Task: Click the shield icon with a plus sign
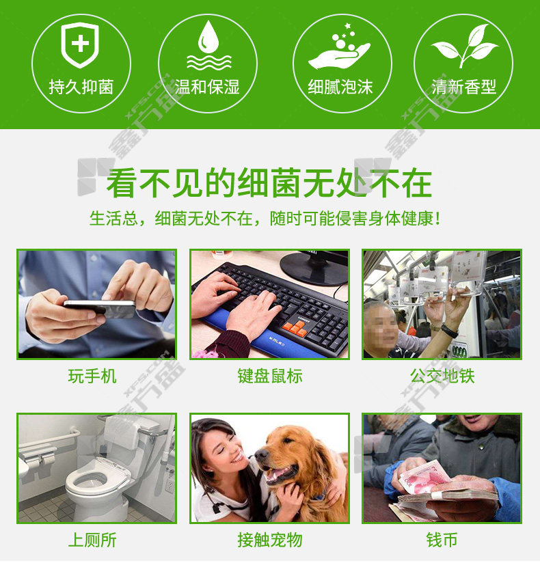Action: tap(80, 44)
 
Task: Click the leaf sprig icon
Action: tap(465, 46)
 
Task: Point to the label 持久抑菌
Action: tap(81, 87)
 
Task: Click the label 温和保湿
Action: tap(207, 87)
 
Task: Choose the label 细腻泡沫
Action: tap(340, 87)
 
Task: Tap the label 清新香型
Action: tap(464, 87)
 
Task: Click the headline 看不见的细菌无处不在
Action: tap(269, 183)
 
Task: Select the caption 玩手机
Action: tap(92, 376)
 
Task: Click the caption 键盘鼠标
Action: tap(270, 376)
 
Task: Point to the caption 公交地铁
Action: tap(442, 376)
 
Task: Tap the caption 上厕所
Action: tap(92, 540)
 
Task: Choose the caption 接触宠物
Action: tap(270, 540)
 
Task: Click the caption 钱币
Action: tap(442, 540)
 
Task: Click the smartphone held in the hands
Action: tap(100, 308)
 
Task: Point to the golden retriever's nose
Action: tap(261, 455)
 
